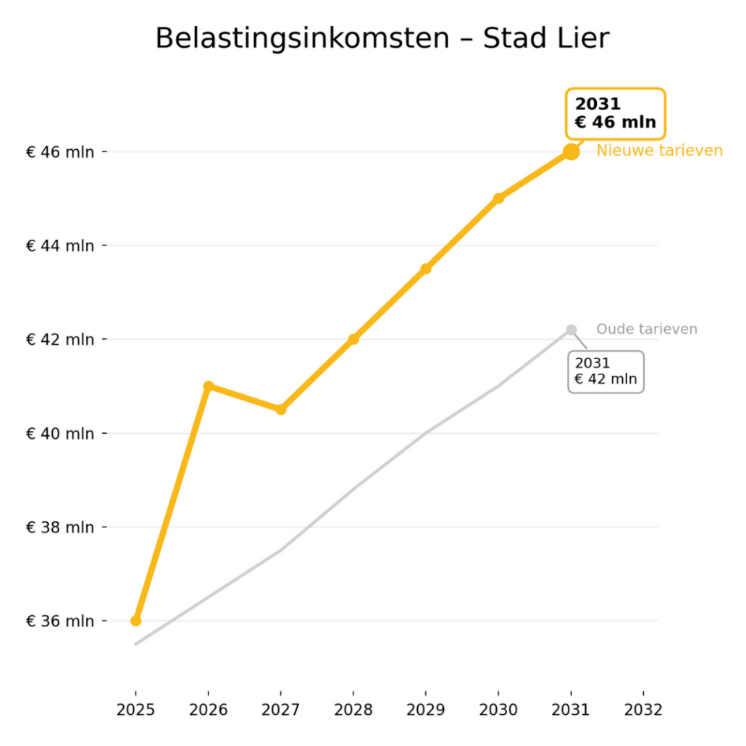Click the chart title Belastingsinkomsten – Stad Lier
[382, 38]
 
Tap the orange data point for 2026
[209, 386]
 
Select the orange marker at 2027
[281, 409]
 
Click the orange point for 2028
[353, 339]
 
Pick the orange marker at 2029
[426, 269]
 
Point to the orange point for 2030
[498, 198]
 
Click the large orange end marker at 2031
[571, 151]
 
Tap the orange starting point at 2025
[135, 621]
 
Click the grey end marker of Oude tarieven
[571, 330]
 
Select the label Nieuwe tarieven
[659, 151]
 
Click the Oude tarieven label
[647, 330]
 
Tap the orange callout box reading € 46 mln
[615, 114]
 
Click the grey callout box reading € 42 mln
[605, 372]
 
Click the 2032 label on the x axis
[643, 710]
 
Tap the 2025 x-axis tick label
[135, 710]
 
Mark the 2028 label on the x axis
[353, 710]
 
